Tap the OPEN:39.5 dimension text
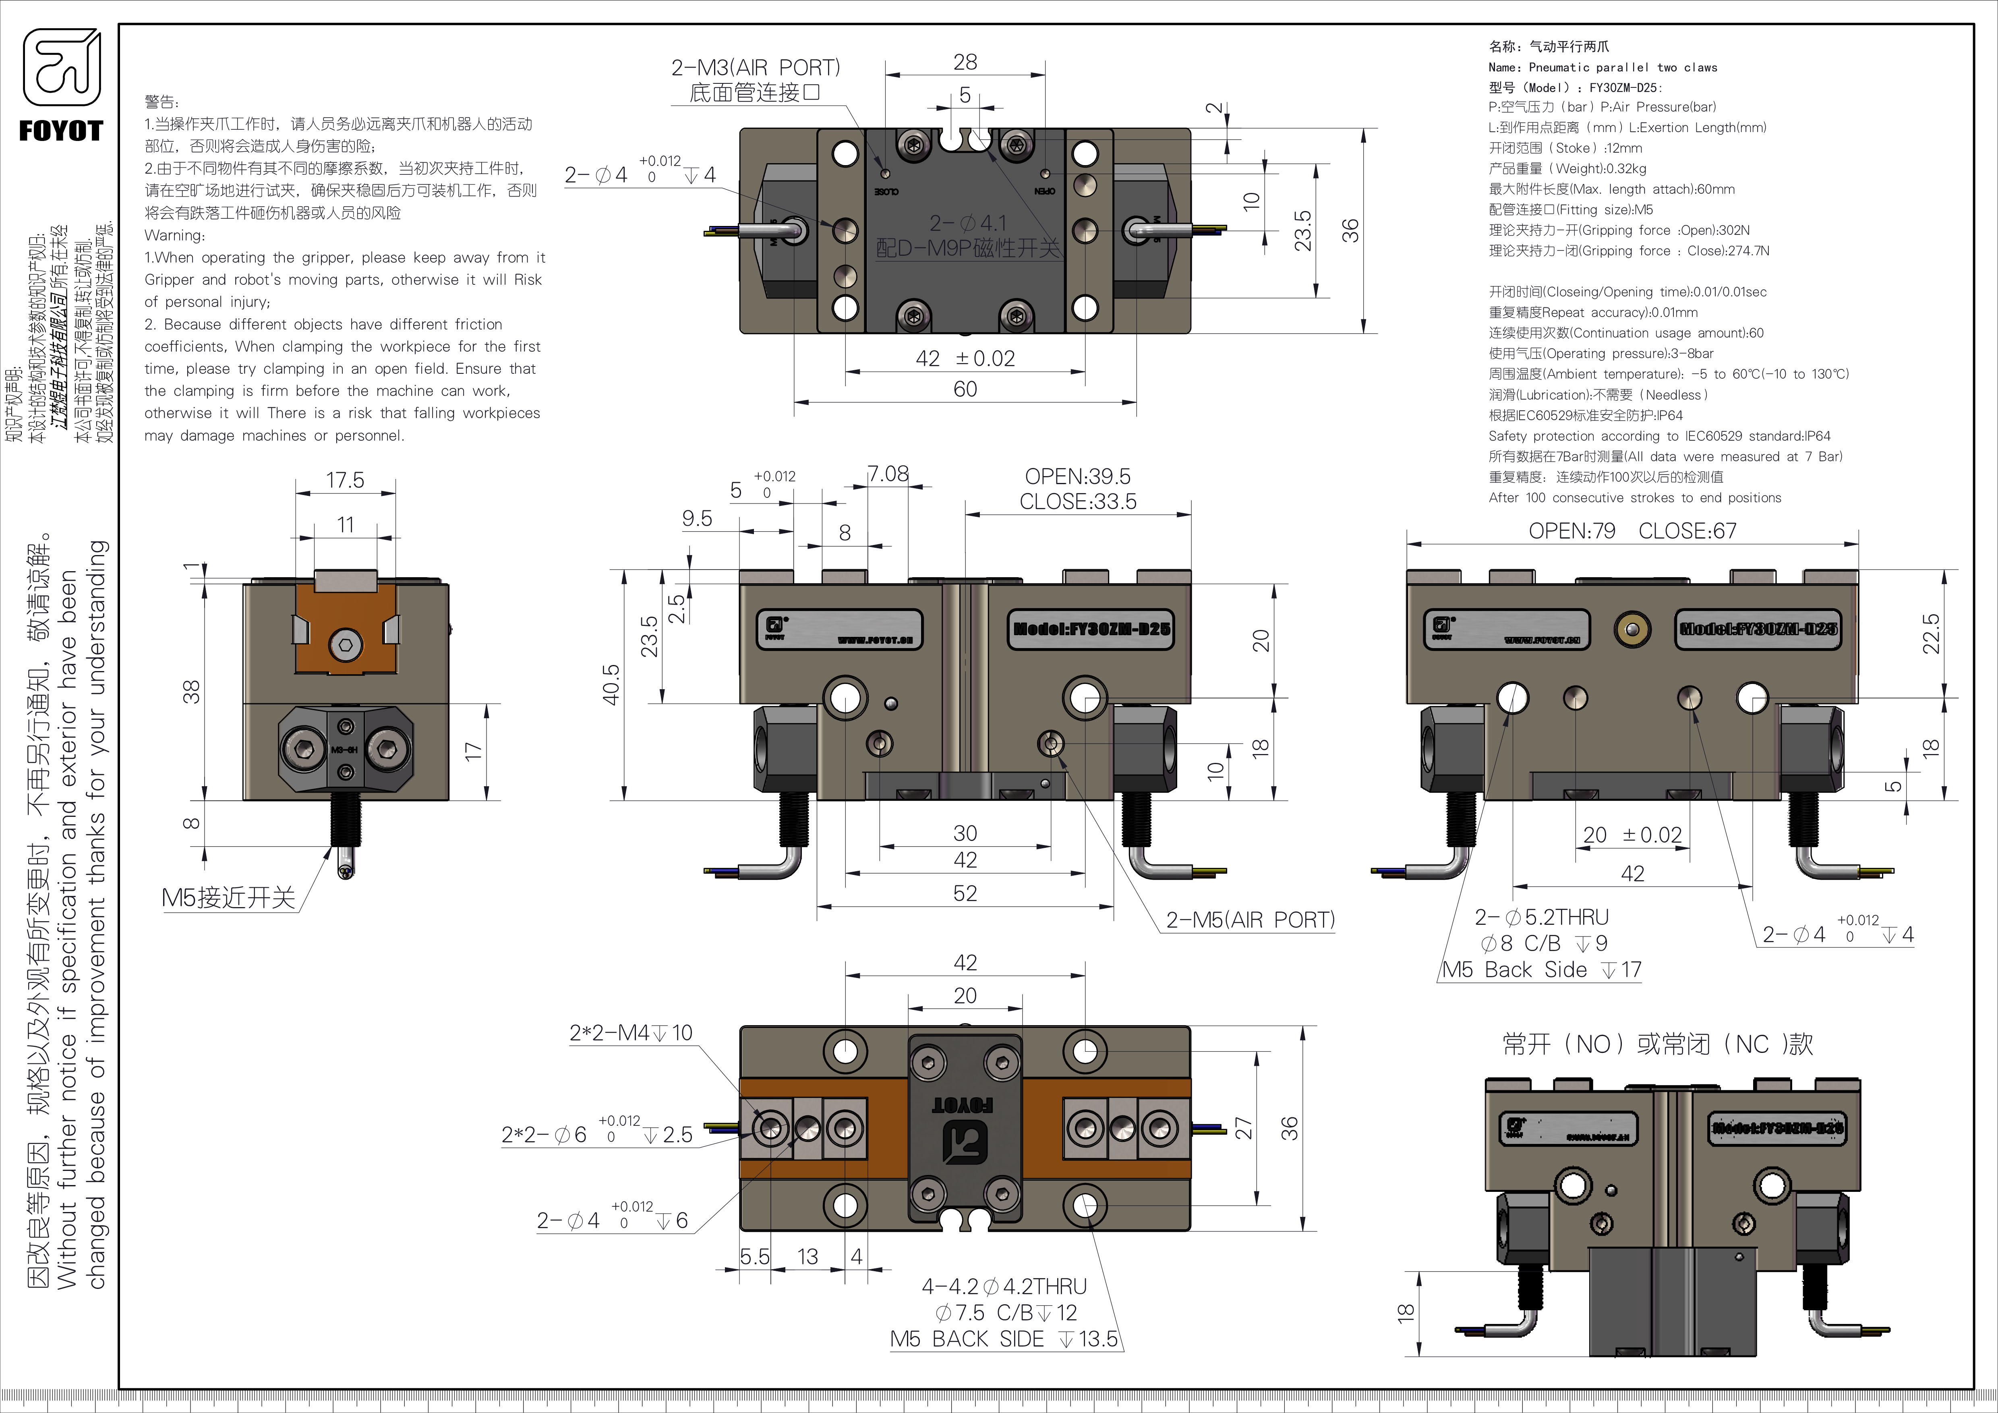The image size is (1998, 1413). tap(1077, 477)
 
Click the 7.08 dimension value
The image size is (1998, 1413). tap(888, 474)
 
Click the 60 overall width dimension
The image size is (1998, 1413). tap(965, 389)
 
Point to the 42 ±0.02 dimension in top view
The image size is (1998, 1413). tap(965, 358)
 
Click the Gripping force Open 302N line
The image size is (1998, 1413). tap(1619, 230)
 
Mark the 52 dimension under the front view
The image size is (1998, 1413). tap(965, 893)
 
